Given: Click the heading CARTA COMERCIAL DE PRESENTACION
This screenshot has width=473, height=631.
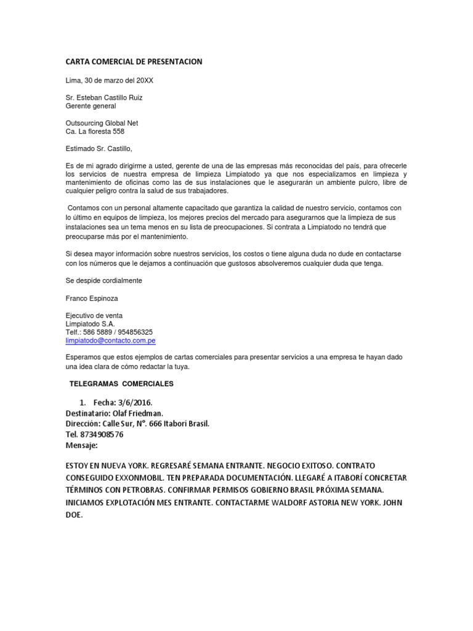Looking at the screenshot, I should click(134, 62).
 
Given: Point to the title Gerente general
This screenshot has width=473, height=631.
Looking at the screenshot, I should click(91, 106).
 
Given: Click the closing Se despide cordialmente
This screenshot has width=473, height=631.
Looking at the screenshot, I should click(103, 280).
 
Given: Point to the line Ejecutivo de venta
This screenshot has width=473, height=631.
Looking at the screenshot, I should click(95, 315).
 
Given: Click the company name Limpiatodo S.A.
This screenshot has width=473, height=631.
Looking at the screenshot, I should click(90, 324).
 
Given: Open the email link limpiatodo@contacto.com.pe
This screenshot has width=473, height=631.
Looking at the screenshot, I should click(110, 340).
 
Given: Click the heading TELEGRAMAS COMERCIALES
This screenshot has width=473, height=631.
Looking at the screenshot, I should click(122, 384).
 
